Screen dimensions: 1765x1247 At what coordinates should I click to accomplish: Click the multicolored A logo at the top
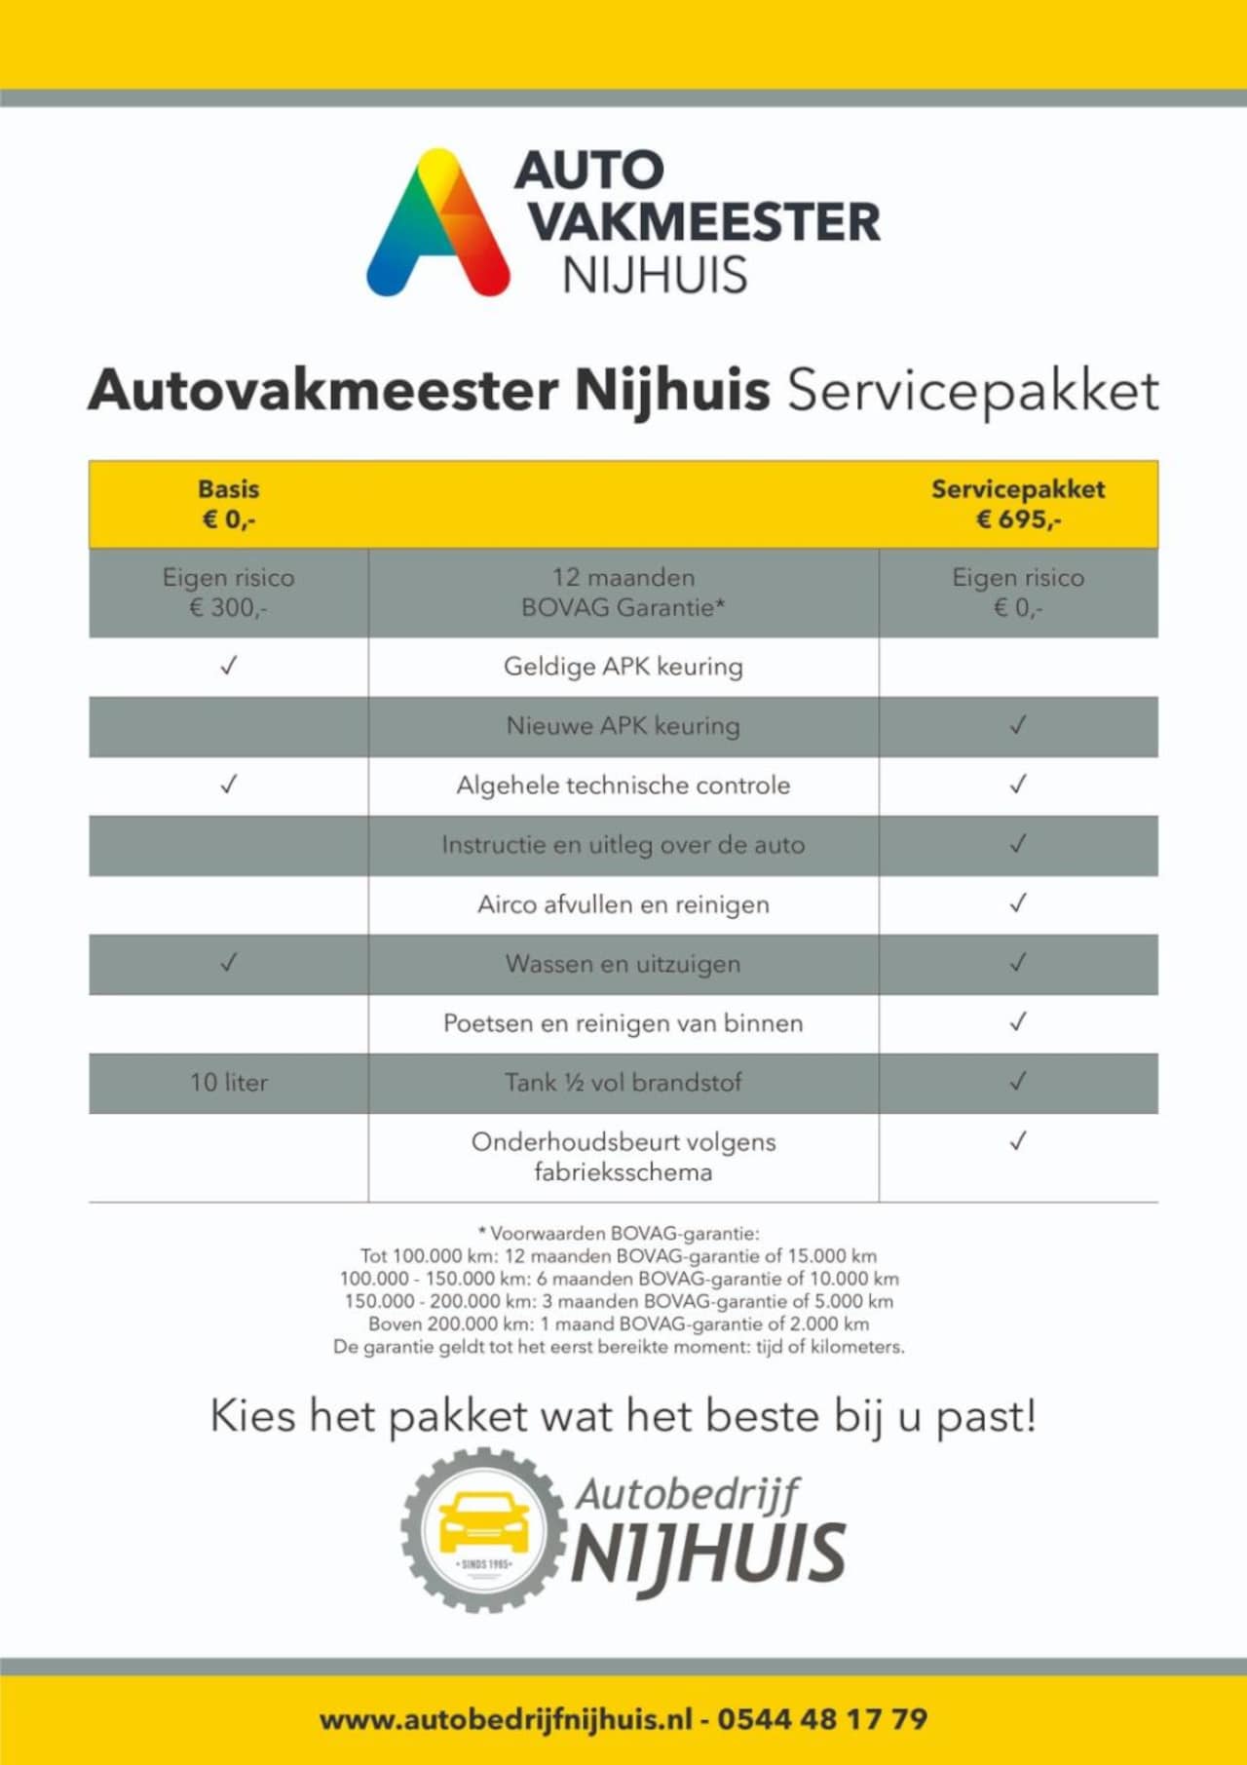(438, 224)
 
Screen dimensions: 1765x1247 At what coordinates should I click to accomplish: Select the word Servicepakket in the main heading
(973, 391)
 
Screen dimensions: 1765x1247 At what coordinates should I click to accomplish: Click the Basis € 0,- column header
(229, 504)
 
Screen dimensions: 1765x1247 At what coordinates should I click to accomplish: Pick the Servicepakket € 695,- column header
(1018, 504)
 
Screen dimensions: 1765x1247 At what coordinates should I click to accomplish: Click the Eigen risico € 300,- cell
(229, 593)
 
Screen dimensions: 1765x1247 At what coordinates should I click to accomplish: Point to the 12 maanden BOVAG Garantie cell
(623, 593)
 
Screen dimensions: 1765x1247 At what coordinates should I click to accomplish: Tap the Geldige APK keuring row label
(623, 667)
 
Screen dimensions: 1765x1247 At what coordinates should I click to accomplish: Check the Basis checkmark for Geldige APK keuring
(229, 667)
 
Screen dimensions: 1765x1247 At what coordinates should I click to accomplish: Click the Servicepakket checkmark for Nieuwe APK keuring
(1018, 725)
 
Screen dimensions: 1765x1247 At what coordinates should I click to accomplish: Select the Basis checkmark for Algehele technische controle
(229, 785)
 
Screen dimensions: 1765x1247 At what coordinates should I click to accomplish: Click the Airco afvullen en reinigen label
(623, 904)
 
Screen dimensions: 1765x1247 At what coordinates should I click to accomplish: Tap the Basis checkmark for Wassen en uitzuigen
(229, 963)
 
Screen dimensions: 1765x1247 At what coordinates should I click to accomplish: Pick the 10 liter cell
(229, 1083)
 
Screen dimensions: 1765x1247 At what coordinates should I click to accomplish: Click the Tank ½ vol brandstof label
(623, 1083)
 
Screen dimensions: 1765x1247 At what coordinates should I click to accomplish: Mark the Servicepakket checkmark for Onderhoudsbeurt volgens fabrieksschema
(1018, 1141)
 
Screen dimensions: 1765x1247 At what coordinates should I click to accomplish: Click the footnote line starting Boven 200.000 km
(619, 1324)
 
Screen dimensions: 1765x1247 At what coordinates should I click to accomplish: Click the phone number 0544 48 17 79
(823, 1718)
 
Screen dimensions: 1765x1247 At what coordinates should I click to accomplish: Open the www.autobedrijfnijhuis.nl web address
(507, 1718)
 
